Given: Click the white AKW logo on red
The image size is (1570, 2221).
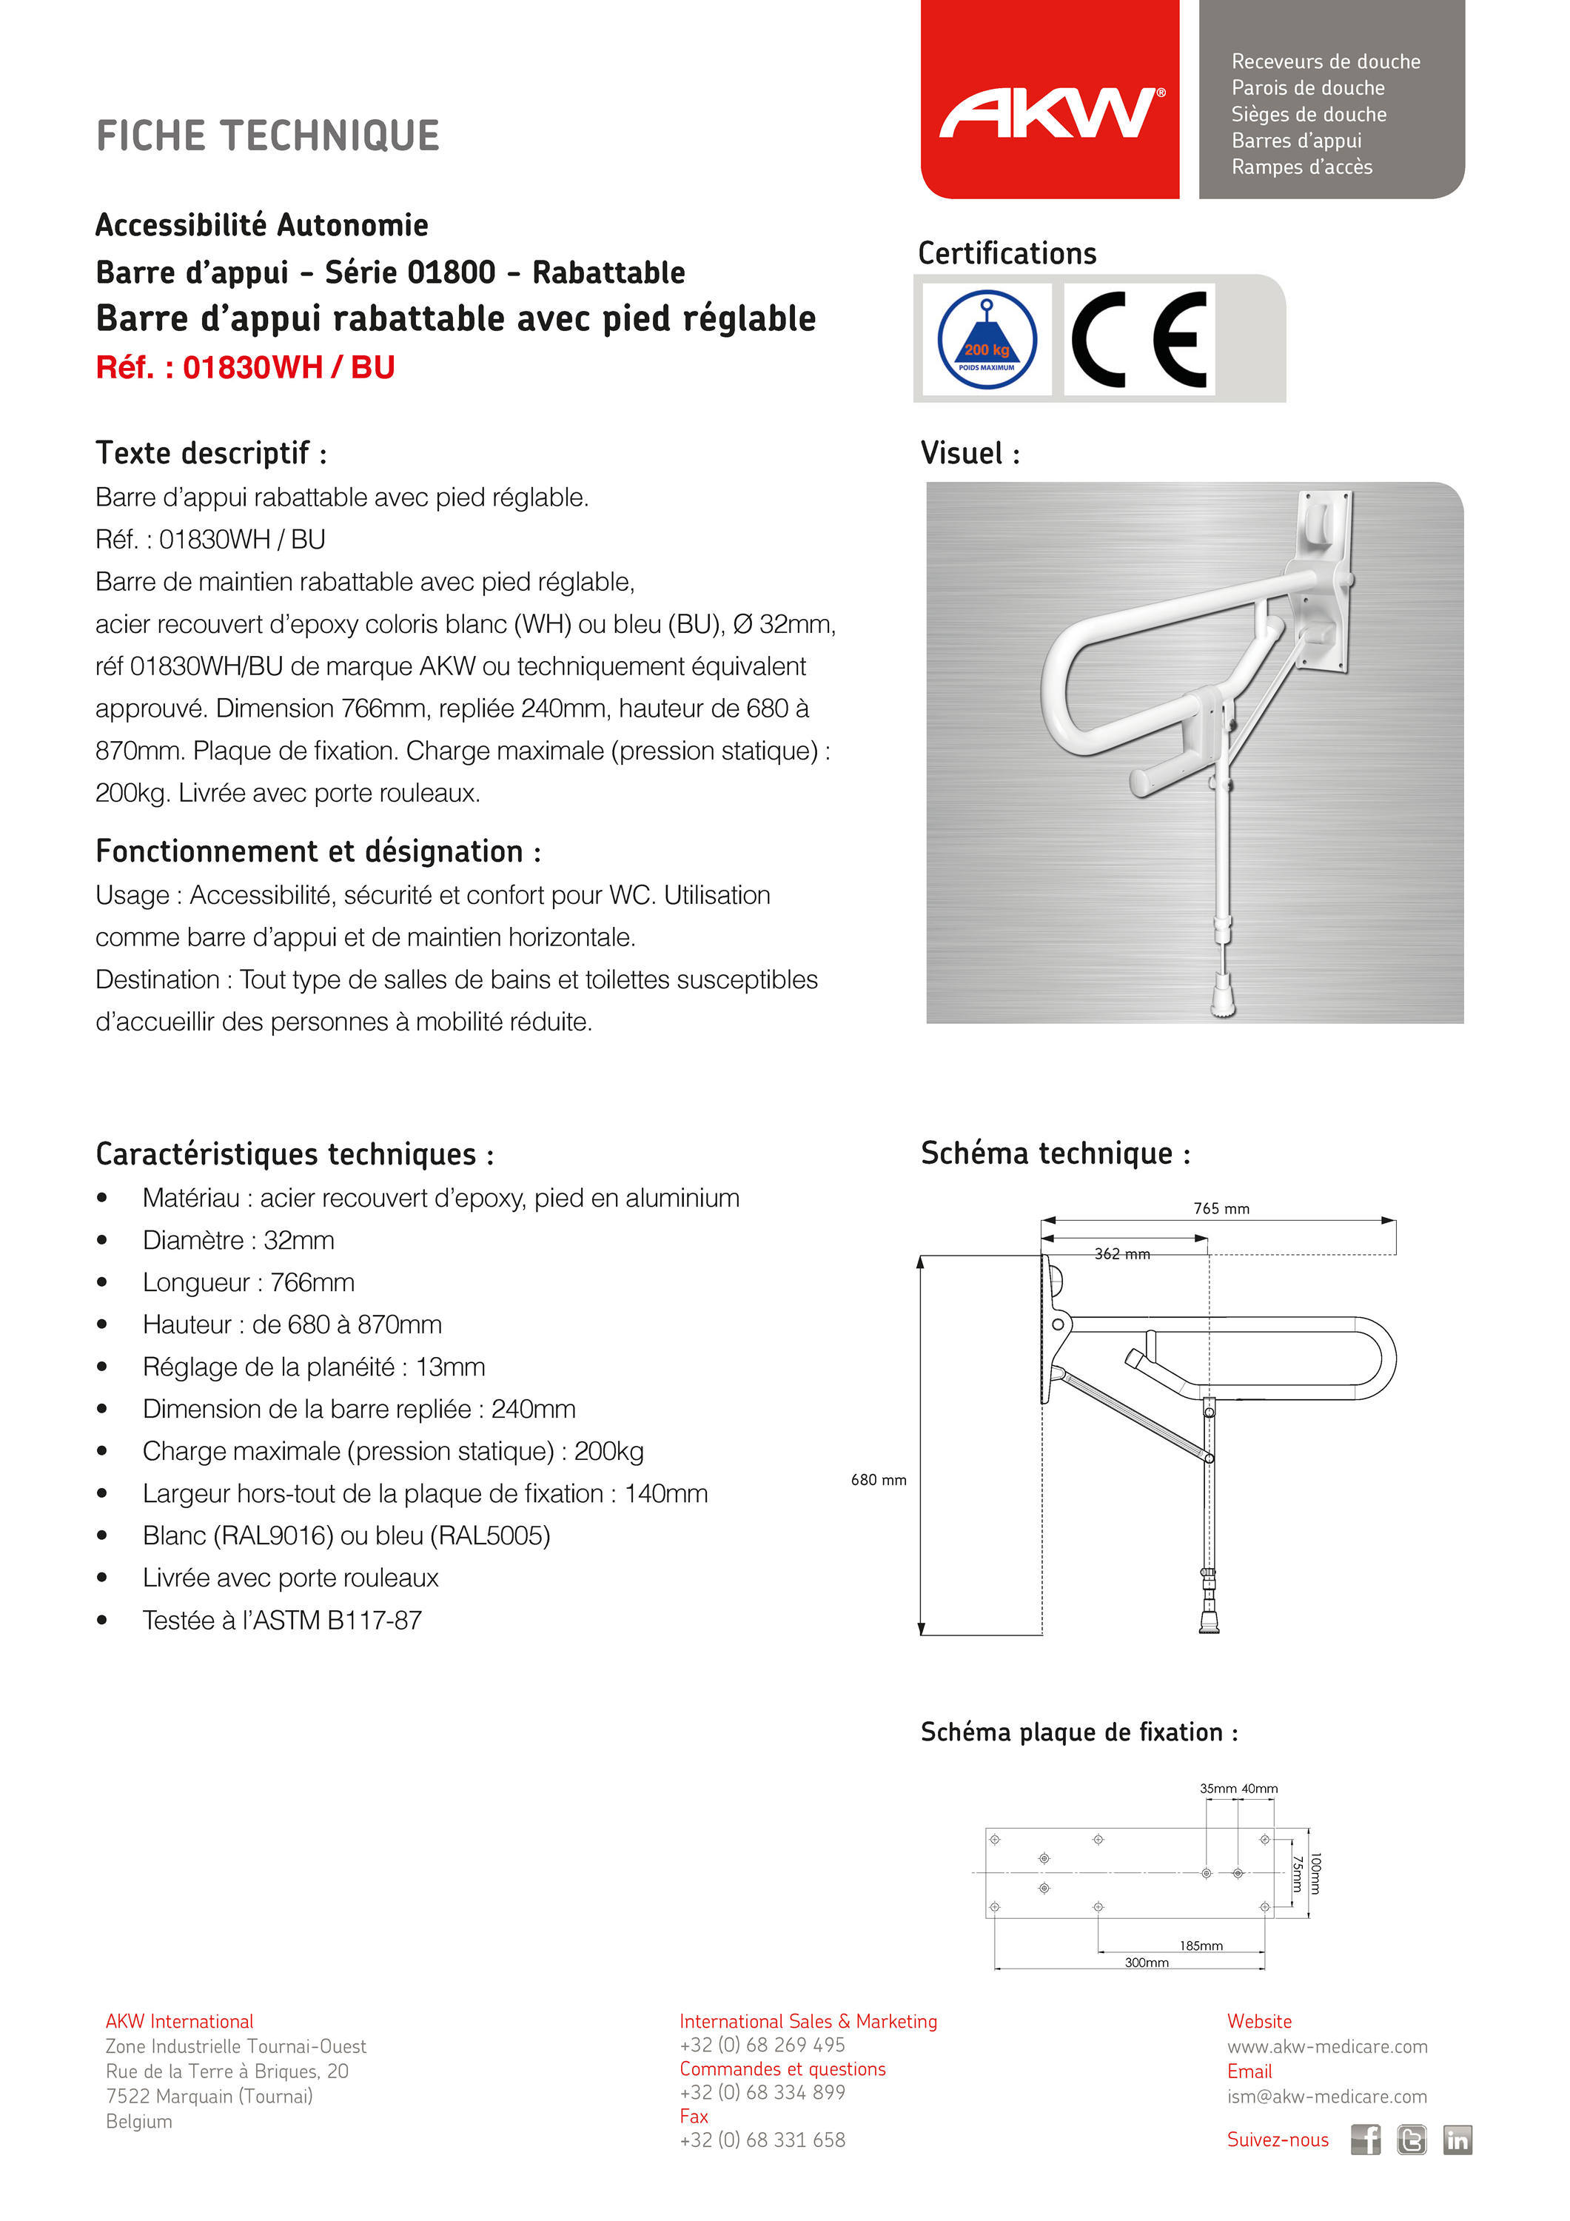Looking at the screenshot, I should coord(1050,113).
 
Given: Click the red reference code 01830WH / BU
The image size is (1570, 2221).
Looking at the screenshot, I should coord(245,368).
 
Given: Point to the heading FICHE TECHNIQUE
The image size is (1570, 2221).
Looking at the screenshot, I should coord(268,135).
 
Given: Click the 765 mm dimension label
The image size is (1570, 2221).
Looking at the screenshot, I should coord(1221,1208).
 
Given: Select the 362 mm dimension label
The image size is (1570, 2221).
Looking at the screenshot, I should coord(1122,1253).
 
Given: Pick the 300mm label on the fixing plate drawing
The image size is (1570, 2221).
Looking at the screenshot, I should coord(1147,1962).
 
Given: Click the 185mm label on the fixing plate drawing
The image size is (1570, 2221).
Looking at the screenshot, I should coord(1201,1946).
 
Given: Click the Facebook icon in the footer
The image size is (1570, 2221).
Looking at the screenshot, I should coord(1365,2139).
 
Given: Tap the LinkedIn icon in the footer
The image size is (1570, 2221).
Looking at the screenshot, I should coord(1457,2139).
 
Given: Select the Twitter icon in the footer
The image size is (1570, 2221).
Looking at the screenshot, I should coord(1412,2139).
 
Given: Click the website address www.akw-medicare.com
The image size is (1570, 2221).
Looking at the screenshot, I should coord(1327,2046).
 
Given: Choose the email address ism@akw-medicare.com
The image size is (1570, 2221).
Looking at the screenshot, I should coord(1327,2096).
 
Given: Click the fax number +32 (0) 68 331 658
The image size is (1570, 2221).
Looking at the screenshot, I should coord(762,2140).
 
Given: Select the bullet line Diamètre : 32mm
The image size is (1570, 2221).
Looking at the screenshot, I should coord(238,1240).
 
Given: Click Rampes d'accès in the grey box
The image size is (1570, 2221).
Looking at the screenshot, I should coord(1302,167).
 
